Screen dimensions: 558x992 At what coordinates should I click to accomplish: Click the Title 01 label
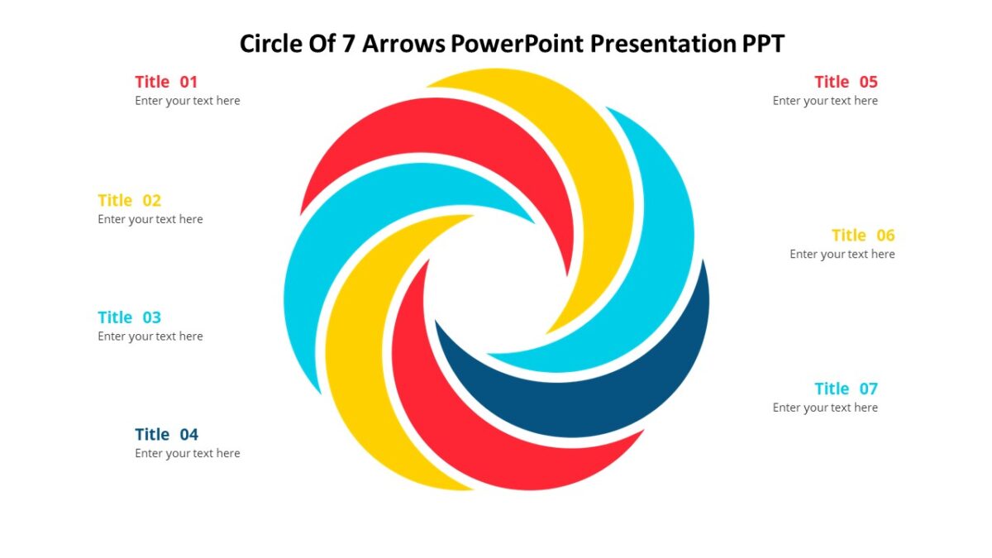[166, 82]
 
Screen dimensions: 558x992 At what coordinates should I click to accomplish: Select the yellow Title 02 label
[130, 200]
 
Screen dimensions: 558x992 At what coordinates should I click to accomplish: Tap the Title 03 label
[130, 317]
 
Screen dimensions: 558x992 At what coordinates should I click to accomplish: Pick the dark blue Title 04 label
[167, 435]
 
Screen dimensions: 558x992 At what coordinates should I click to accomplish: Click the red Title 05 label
[846, 82]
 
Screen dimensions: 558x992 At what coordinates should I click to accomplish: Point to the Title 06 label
[863, 235]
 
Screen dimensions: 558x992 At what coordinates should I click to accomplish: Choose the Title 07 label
[846, 389]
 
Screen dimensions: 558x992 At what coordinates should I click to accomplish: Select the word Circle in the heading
[270, 43]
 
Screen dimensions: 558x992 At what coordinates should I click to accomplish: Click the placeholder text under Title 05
[825, 101]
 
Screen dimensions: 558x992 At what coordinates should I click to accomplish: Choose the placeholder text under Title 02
[150, 219]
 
